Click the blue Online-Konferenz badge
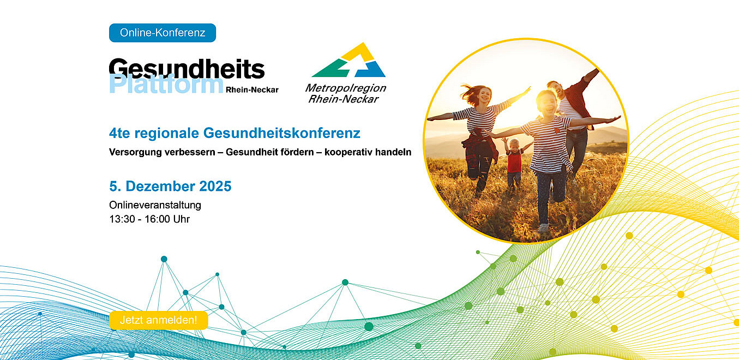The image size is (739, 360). pos(163,33)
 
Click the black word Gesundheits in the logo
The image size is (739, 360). pos(187,69)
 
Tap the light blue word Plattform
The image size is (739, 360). pos(166,85)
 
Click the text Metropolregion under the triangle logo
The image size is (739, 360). pos(345,88)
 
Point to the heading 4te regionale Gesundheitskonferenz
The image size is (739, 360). pos(235,133)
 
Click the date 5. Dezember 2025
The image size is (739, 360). pos(170,187)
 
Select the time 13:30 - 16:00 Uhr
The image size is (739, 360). pos(149,219)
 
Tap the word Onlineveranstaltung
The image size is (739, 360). pos(155,205)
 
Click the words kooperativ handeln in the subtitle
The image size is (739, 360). pos(368,152)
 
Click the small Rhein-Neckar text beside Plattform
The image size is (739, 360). pos(252,89)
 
